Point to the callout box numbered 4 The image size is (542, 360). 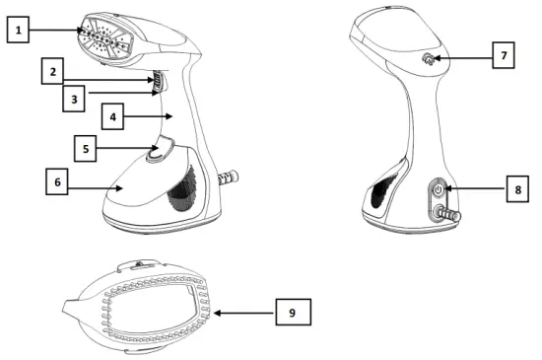pos(115,116)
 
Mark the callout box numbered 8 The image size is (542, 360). pos(516,189)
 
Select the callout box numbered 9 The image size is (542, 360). pos(293,313)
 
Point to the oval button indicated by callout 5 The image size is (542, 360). pos(157,152)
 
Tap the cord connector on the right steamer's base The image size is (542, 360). pos(449,212)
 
